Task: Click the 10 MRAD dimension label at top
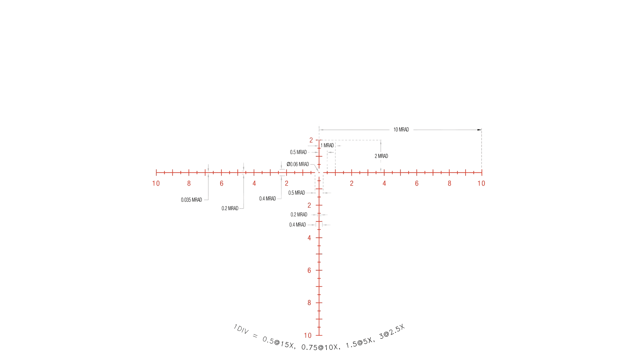[x=401, y=130]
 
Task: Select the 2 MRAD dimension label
[x=382, y=156]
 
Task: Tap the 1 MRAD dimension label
[x=327, y=145]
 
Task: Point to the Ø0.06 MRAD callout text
[x=298, y=164]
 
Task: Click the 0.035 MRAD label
[x=191, y=200]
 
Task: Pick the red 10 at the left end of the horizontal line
[x=156, y=184]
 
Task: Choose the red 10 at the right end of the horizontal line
[x=481, y=184]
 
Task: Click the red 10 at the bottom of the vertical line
[x=308, y=335]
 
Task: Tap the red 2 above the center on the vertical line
[x=311, y=141]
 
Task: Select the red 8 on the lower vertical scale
[x=309, y=303]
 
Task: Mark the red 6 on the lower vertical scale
[x=309, y=270]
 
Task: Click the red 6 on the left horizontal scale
[x=222, y=184]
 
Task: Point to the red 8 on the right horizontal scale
[x=449, y=184]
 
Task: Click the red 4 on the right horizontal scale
[x=384, y=184]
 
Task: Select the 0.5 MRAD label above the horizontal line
[x=298, y=152]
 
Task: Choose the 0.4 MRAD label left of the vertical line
[x=298, y=225]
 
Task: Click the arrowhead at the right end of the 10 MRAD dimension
[x=480, y=130]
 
